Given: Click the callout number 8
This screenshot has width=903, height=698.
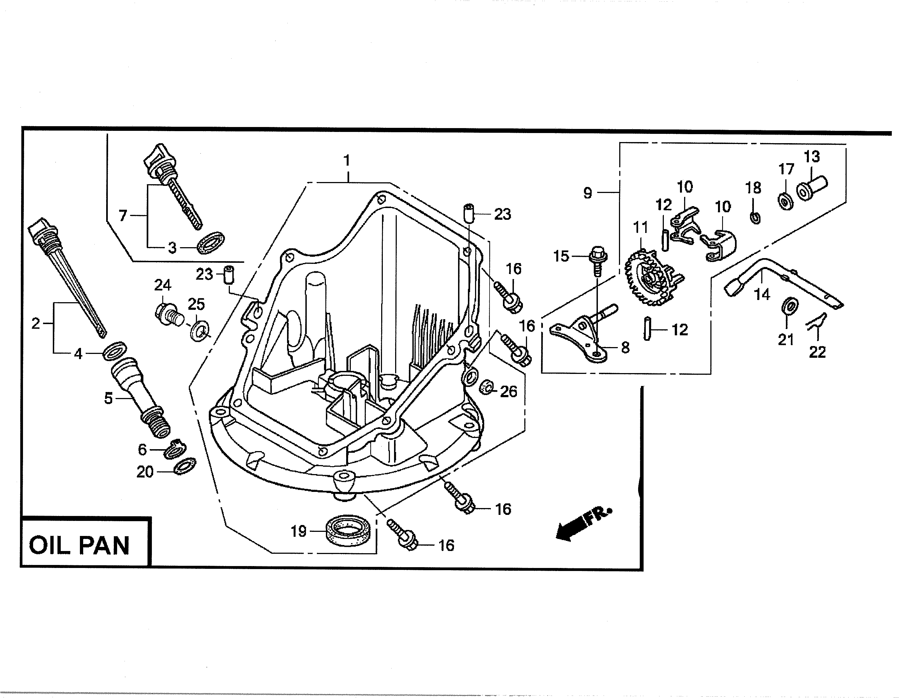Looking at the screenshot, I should point(625,347).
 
